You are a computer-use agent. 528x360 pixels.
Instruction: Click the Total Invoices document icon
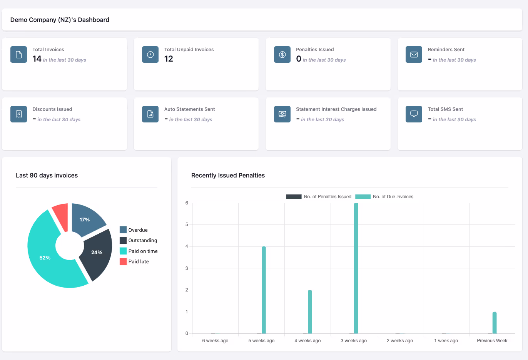click(18, 54)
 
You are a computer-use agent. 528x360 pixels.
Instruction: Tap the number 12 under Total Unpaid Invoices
click(169, 59)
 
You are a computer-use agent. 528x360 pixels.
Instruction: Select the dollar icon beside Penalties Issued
click(282, 54)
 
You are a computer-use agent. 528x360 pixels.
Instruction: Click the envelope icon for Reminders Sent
click(414, 54)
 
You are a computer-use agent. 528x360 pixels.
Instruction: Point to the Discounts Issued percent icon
click(18, 114)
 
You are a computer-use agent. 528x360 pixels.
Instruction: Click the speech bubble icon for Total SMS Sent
click(414, 114)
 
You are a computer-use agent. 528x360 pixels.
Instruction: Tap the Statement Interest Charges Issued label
click(336, 109)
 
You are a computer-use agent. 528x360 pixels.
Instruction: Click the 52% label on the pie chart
click(45, 258)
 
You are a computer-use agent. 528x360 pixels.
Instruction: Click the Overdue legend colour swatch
click(123, 230)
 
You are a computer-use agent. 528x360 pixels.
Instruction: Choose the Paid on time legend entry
click(139, 251)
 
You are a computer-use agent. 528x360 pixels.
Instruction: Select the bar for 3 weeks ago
click(356, 268)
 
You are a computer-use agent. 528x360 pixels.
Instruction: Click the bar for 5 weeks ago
click(264, 290)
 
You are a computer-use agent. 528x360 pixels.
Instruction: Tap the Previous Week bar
click(495, 323)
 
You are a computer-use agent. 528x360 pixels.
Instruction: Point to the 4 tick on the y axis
click(187, 246)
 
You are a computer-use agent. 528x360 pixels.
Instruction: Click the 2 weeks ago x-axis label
click(400, 341)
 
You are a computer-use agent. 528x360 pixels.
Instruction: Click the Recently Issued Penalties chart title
click(228, 176)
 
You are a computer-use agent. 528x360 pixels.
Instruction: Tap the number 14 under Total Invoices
click(37, 59)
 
